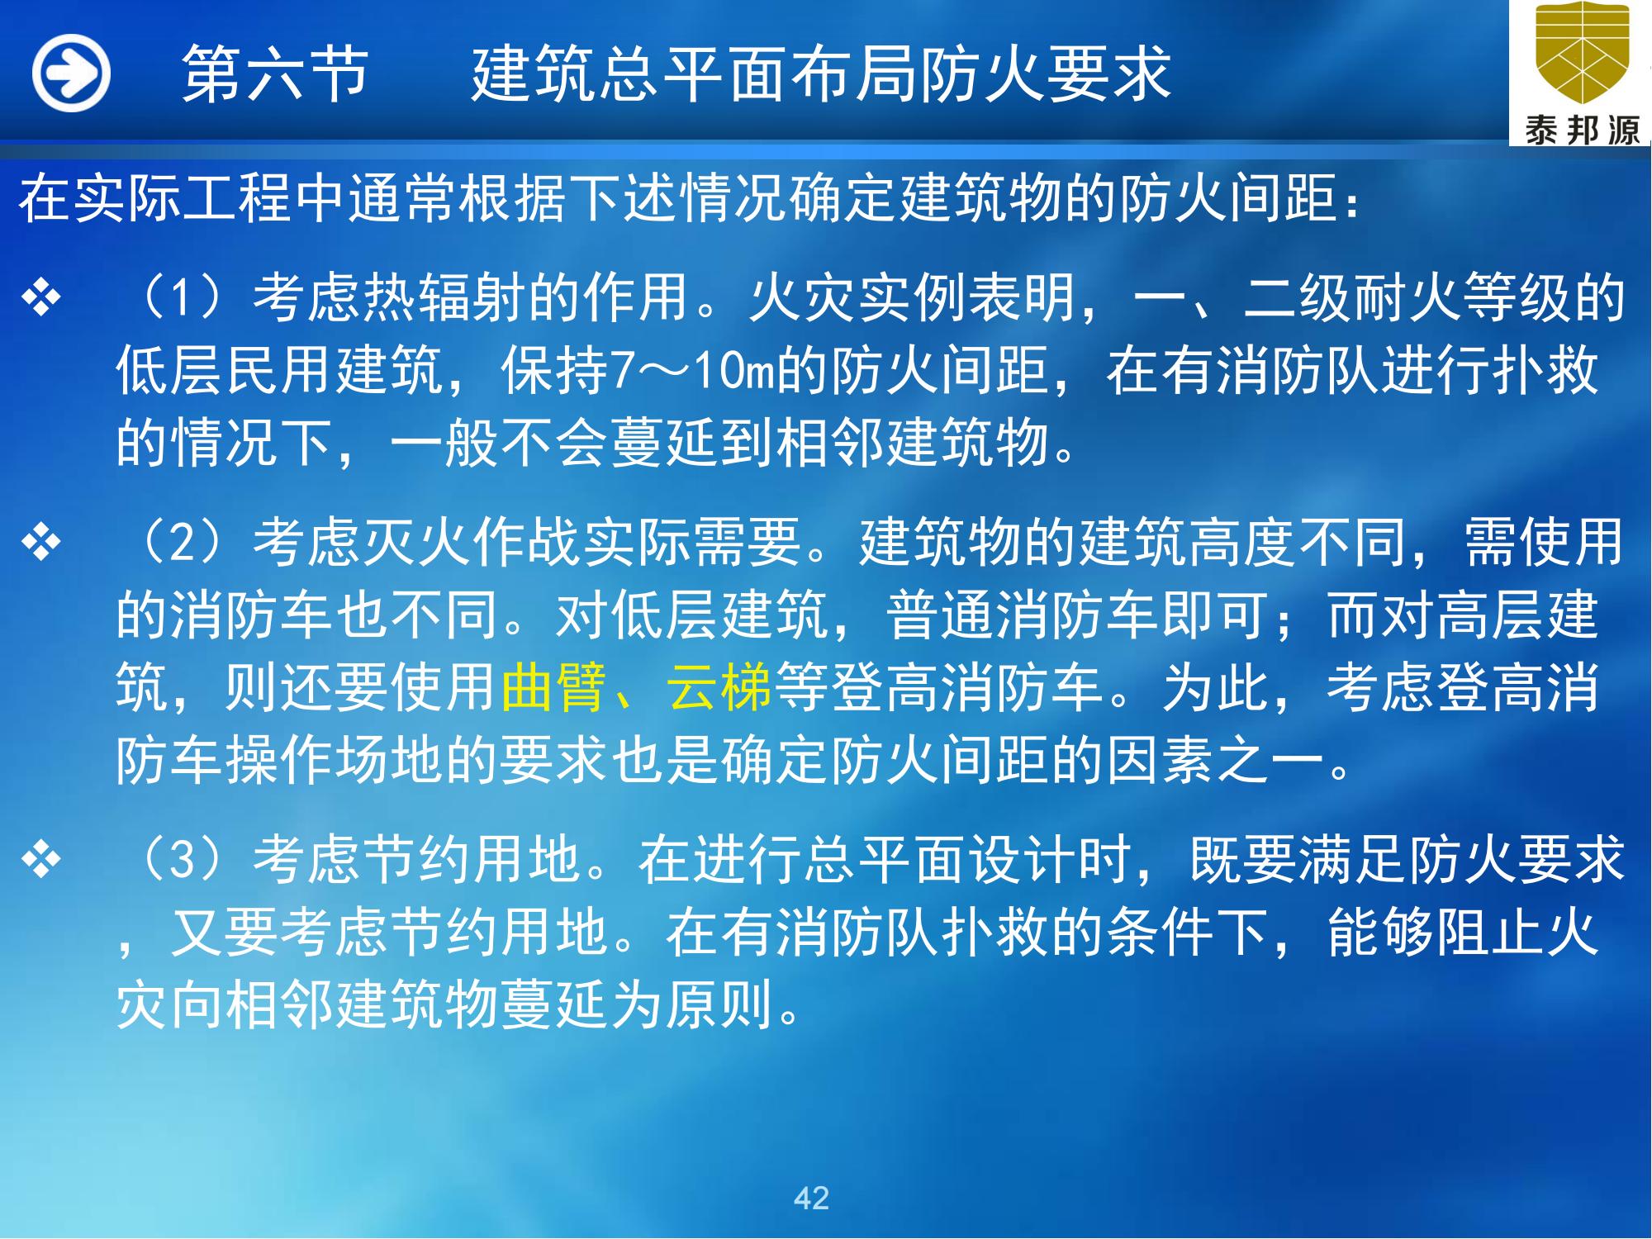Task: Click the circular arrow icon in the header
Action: [x=71, y=74]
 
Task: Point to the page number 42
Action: [x=811, y=1197]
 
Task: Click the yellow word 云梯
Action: [x=719, y=686]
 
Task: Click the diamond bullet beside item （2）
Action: [x=42, y=544]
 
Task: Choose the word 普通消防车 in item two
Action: [x=1024, y=615]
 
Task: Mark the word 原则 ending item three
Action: [x=719, y=1004]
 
